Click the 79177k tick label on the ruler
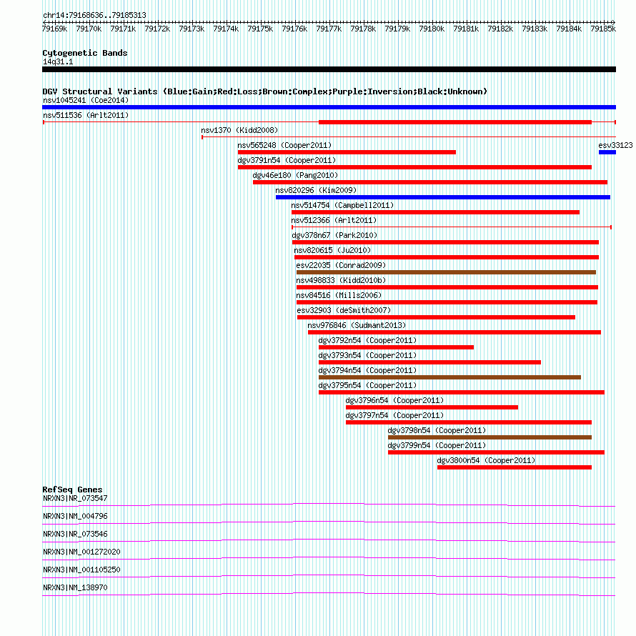pos(329,29)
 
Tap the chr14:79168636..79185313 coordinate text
pos(94,15)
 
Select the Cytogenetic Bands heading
pos(85,53)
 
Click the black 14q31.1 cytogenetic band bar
pos(329,69)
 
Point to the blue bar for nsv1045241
pos(329,107)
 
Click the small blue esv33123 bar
pos(607,152)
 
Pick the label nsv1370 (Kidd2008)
pos(239,130)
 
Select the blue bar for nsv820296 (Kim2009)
pos(443,197)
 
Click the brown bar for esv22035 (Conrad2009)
pos(446,272)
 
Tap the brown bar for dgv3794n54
pos(449,377)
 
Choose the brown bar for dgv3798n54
pos(490,437)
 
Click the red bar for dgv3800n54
pos(515,467)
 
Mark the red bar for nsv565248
pos(347,152)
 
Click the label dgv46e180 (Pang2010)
pos(295,175)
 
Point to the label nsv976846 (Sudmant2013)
pos(357,325)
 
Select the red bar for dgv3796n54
pos(432,407)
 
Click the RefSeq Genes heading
pos(72,490)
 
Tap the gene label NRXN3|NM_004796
pos(75,516)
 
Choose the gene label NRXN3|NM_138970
pos(75,587)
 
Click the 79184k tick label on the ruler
pos(569,29)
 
